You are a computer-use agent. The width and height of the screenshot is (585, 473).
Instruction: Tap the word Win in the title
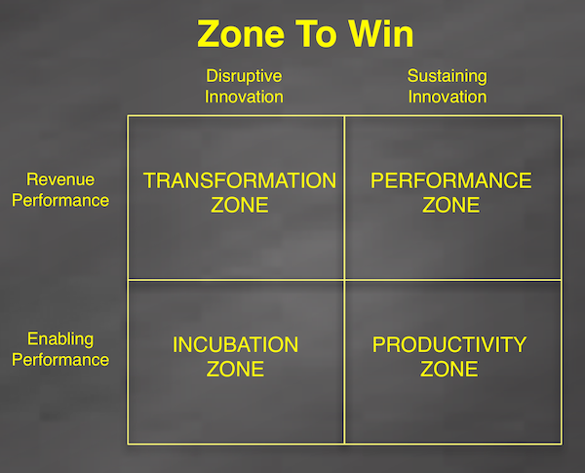tap(377, 35)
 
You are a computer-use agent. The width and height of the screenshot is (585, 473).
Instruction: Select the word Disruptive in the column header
tap(244, 76)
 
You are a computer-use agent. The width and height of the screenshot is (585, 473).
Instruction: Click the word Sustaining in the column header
tap(447, 76)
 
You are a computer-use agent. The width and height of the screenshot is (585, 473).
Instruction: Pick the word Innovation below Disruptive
tap(244, 97)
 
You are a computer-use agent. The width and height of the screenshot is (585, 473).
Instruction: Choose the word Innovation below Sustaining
tap(447, 97)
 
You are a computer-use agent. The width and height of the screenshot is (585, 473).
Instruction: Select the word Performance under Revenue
tap(67, 200)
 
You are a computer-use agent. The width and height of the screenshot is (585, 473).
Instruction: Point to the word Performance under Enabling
tap(67, 359)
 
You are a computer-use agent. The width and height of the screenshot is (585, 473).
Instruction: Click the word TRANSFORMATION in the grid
tap(239, 180)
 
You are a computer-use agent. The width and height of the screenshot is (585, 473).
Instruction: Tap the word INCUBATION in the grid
tap(235, 345)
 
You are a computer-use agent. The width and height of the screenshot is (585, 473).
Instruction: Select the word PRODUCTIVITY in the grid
tap(449, 345)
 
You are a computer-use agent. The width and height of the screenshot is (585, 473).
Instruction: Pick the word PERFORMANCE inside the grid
tap(451, 180)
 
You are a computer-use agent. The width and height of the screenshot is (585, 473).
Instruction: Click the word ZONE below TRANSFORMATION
tap(239, 205)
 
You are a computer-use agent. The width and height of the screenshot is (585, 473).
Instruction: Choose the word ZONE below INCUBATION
tap(235, 370)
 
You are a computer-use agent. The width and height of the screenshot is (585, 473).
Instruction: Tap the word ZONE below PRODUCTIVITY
tap(449, 370)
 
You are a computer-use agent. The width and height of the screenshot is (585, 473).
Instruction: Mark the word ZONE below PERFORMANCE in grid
tap(451, 205)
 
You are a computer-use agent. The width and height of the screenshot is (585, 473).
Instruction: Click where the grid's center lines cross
tap(345, 280)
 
